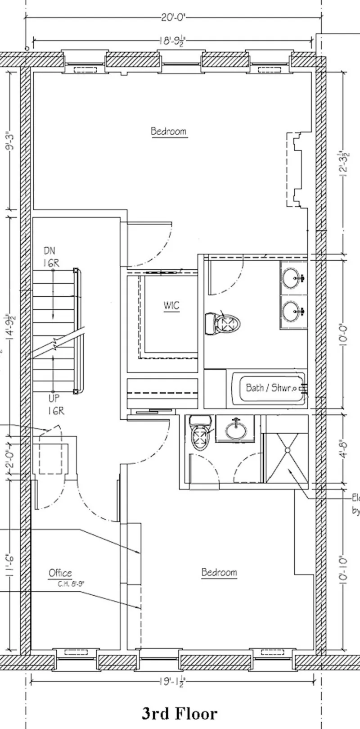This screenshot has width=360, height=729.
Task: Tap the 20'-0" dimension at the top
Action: pyautogui.click(x=173, y=18)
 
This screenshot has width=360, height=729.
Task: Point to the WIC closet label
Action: pyautogui.click(x=171, y=305)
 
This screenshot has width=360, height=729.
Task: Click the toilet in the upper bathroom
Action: pyautogui.click(x=223, y=323)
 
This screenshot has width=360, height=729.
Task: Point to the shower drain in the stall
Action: pyautogui.click(x=286, y=449)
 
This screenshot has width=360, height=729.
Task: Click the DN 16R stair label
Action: pyautogui.click(x=51, y=257)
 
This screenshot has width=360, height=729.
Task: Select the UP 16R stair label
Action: pyautogui.click(x=56, y=404)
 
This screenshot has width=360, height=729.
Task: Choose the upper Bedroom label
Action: pyautogui.click(x=168, y=131)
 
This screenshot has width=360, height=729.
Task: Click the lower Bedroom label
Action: pyautogui.click(x=219, y=572)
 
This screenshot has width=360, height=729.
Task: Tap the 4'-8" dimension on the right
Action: pyautogui.click(x=344, y=449)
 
